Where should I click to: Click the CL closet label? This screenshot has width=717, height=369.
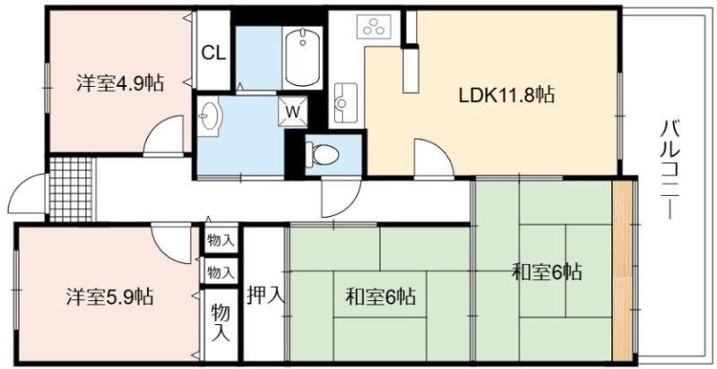click(213, 54)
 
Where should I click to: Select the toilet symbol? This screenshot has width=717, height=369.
click(323, 153)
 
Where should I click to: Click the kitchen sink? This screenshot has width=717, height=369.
click(346, 102)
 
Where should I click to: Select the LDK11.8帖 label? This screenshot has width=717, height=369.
click(506, 95)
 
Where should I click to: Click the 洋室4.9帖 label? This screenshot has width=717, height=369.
click(119, 83)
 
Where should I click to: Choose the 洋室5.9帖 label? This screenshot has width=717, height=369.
click(109, 296)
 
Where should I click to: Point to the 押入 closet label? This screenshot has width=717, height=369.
click(266, 296)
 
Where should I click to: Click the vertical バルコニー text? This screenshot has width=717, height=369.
click(670, 168)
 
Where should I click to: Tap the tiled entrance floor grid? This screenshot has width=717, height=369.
click(71, 189)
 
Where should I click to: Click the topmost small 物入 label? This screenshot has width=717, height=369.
click(220, 240)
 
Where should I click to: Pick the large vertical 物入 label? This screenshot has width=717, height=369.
click(220, 323)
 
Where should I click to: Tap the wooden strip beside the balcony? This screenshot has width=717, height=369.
click(621, 270)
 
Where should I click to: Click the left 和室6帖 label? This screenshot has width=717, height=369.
click(380, 296)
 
